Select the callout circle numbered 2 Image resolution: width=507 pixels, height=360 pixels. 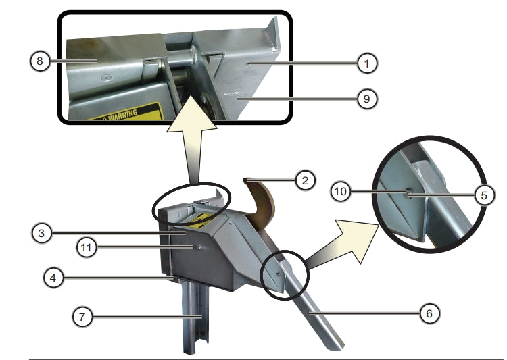pyautogui.click(x=306, y=180)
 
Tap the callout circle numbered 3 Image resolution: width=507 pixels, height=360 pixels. pyautogui.click(x=42, y=233)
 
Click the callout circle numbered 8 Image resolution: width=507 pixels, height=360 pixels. pyautogui.click(x=40, y=61)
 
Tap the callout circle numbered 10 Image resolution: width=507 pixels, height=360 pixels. pyautogui.click(x=341, y=192)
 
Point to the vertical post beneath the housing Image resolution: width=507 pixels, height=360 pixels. pyautogui.click(x=194, y=317)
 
